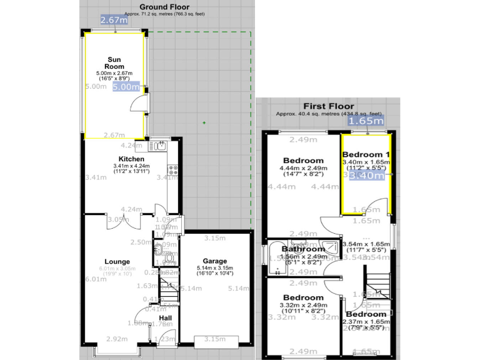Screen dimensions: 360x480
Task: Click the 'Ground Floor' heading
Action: (164, 6)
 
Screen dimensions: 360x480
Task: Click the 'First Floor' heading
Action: (328, 106)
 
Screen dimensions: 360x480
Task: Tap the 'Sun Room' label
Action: (114, 62)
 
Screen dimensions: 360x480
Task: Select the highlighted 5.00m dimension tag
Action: (126, 87)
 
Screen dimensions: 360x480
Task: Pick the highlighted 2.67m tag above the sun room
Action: (114, 20)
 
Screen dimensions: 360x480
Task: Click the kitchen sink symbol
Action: (156, 146)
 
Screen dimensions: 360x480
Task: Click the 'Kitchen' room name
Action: (132, 159)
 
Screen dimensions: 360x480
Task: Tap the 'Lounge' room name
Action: (117, 261)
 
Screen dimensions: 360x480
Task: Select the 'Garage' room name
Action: (214, 261)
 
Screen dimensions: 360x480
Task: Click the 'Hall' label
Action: (165, 318)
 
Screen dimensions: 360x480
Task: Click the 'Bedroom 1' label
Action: (366, 154)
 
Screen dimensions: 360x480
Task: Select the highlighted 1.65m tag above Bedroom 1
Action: (366, 121)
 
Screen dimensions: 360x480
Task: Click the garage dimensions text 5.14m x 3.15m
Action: (215, 269)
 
